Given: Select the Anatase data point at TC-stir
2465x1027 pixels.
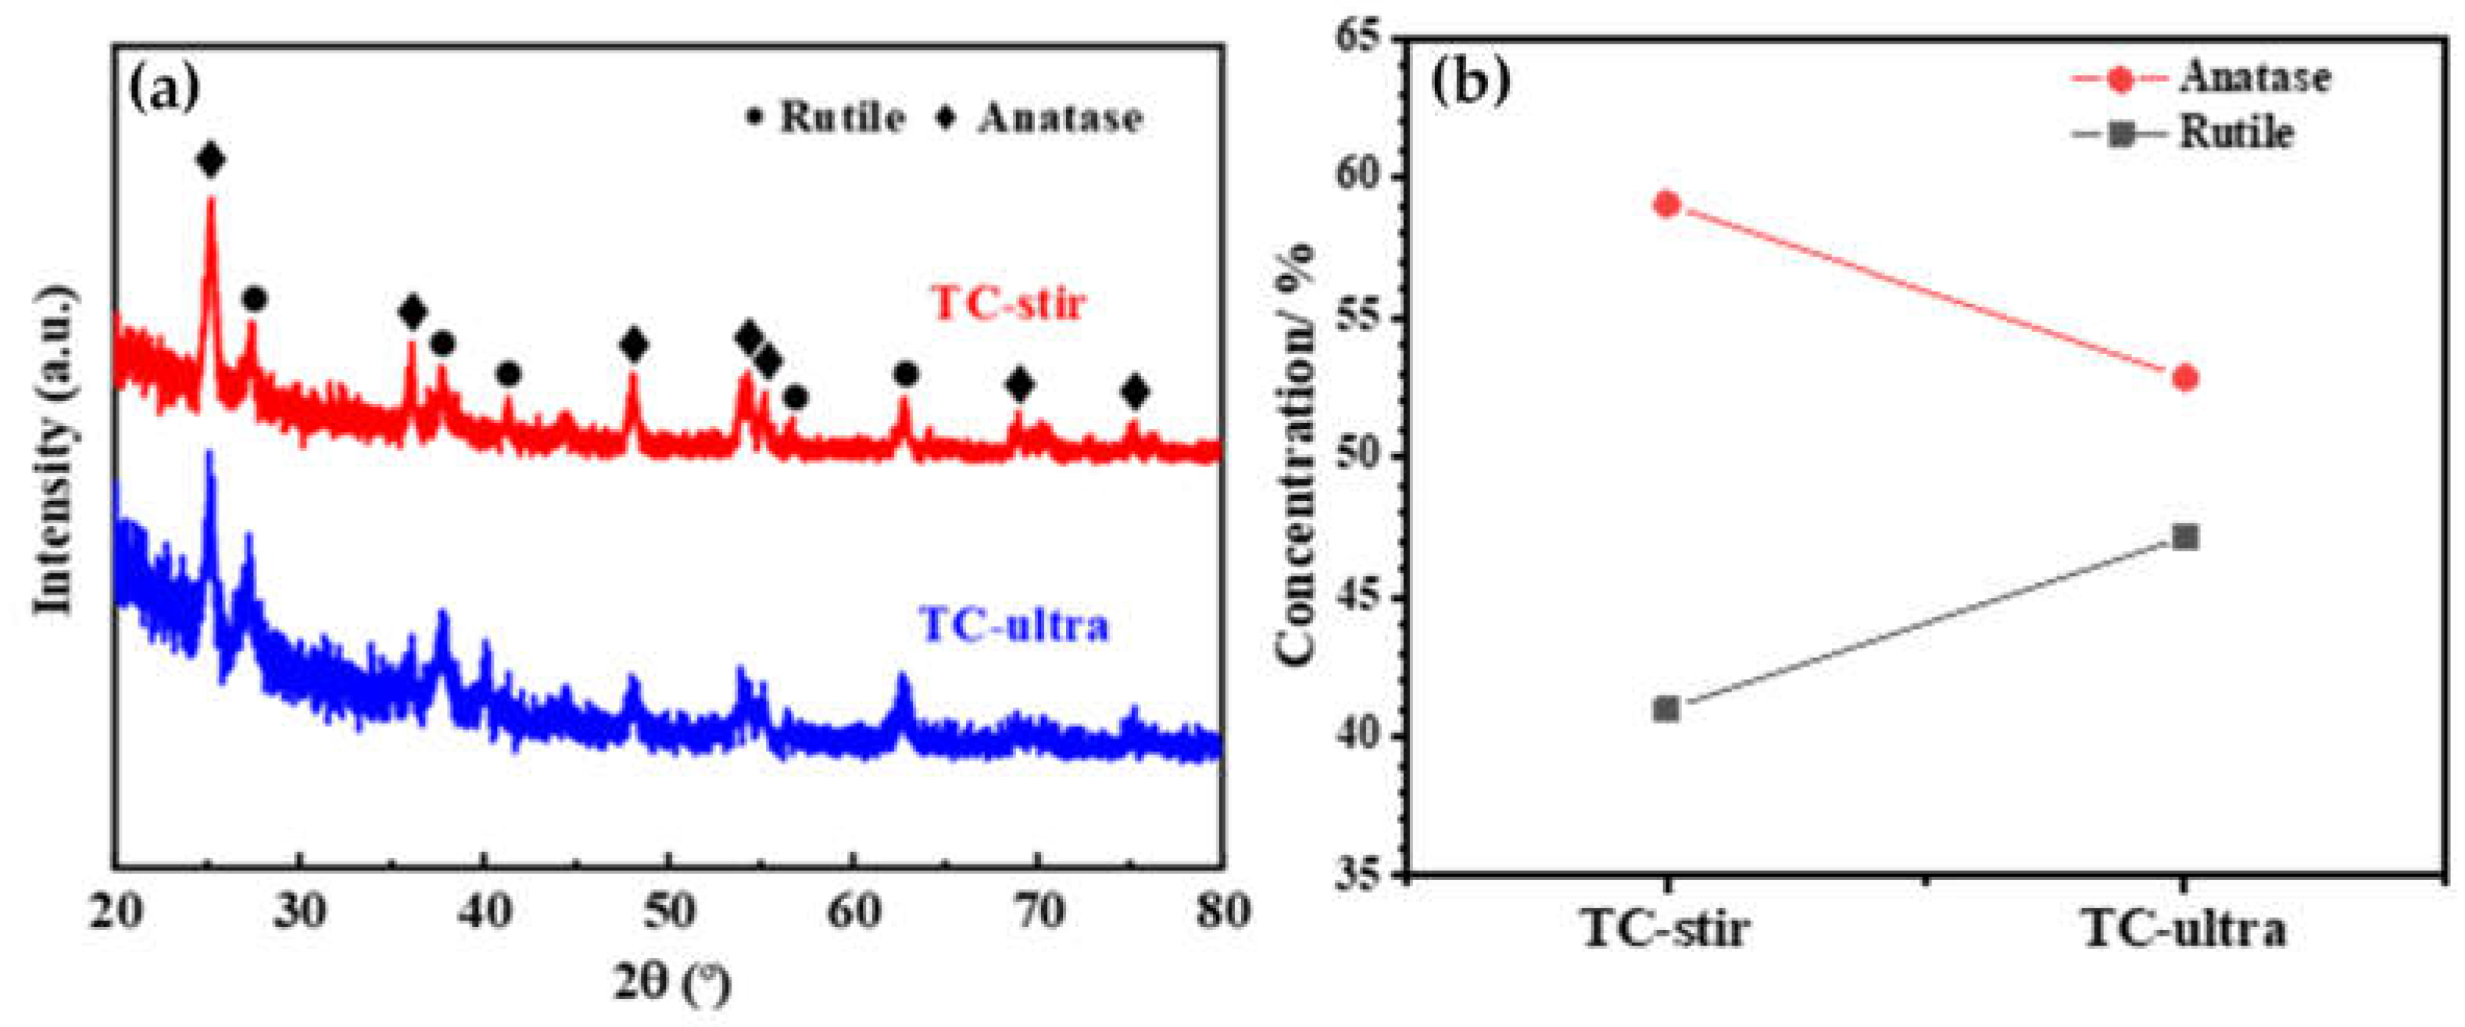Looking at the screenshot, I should (1667, 204).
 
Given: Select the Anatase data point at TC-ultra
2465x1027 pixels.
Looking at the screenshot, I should (2184, 378).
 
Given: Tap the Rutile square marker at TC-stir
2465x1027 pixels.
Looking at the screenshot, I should (1667, 709).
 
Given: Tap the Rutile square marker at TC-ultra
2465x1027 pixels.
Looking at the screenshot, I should (2184, 537).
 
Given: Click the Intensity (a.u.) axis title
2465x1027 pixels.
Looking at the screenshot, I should (55, 450).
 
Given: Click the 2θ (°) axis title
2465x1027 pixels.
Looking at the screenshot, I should (671, 984).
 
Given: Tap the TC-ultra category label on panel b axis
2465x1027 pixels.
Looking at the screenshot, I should (2184, 929).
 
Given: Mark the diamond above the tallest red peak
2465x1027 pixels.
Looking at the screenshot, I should (212, 161).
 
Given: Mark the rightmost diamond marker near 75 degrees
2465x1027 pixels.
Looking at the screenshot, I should (1135, 392).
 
